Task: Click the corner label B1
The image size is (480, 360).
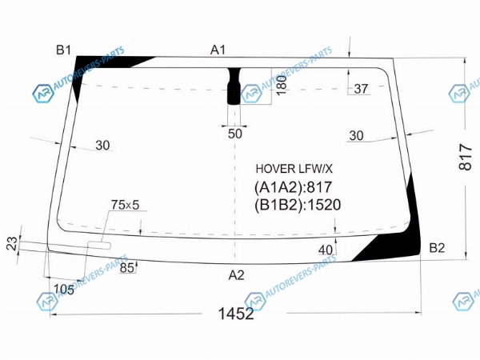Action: point(64,50)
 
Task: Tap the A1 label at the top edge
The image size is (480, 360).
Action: point(218,50)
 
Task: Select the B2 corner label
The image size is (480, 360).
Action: point(437,248)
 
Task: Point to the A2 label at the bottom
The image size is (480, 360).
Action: point(236,275)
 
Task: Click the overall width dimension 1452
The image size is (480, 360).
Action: point(236,314)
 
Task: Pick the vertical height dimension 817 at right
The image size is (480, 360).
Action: point(466,157)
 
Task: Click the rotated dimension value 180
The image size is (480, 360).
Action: point(281,86)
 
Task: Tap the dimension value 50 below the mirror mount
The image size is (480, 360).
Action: point(234,134)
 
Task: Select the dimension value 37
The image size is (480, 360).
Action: point(361,89)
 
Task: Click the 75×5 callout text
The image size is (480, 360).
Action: point(126,205)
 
